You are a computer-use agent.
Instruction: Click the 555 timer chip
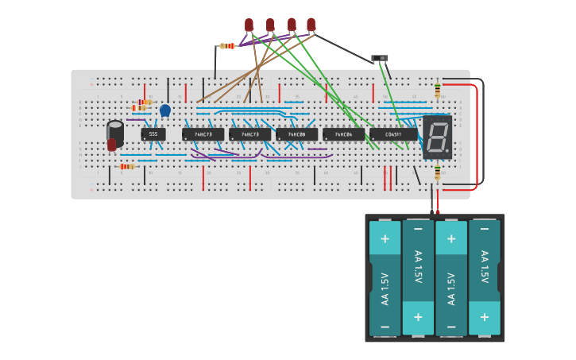(x=153, y=134)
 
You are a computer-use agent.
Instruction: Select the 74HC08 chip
(x=296, y=134)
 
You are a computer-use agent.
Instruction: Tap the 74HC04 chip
(x=343, y=134)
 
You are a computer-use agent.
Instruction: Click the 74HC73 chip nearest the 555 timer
(x=203, y=134)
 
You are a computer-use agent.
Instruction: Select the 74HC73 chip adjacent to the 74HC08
(x=249, y=134)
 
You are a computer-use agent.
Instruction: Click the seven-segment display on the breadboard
(x=437, y=137)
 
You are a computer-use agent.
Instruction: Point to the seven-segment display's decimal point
(x=448, y=153)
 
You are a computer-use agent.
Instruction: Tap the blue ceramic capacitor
(x=165, y=110)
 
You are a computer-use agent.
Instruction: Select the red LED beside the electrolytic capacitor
(x=112, y=144)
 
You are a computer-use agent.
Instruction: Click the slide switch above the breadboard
(x=380, y=58)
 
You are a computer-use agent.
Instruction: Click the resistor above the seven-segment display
(x=437, y=91)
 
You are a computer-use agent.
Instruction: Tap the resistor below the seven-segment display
(x=437, y=172)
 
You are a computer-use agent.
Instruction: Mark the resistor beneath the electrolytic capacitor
(x=127, y=166)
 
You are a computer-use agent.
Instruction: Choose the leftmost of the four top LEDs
(x=249, y=25)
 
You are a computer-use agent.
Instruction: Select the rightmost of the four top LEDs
(x=311, y=25)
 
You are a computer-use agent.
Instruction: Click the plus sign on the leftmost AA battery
(x=385, y=238)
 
